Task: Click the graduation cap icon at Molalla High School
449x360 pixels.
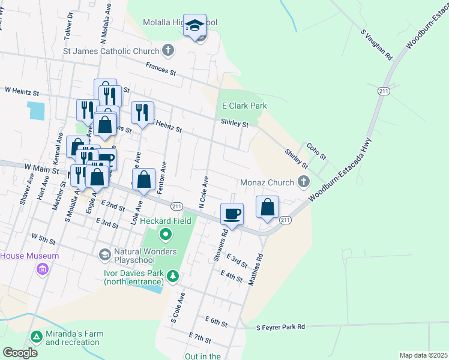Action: tap(194, 26)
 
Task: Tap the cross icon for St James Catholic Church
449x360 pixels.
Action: tap(168, 51)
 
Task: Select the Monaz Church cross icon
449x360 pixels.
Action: tap(304, 182)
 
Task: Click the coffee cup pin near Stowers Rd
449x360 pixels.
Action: tap(232, 214)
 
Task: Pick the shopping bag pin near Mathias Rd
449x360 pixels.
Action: tap(268, 206)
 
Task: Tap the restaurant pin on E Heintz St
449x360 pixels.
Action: tap(142, 112)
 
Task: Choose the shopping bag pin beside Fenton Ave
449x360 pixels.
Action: tap(144, 179)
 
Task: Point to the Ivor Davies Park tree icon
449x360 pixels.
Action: tap(173, 276)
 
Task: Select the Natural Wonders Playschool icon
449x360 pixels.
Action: tap(104, 255)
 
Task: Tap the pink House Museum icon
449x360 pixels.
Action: tap(42, 269)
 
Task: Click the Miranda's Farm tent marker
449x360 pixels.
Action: tap(37, 337)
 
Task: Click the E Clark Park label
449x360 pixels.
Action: tap(244, 106)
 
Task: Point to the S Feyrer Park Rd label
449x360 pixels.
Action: tap(281, 327)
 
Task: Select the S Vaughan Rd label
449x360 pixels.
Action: tap(376, 45)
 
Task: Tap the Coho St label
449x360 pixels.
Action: tap(316, 151)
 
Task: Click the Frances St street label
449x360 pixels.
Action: tap(160, 70)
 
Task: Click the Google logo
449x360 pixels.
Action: tap(20, 352)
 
